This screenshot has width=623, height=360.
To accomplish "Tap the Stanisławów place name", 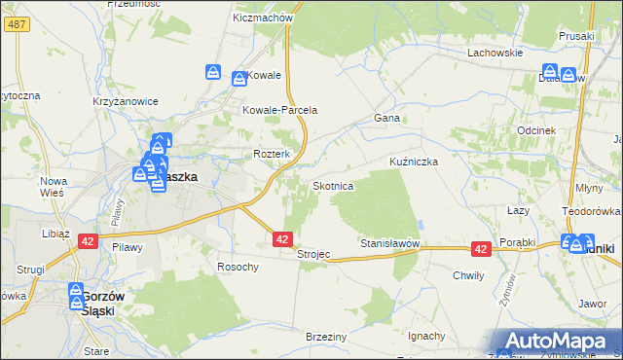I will coord(389,242).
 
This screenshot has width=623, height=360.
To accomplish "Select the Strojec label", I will coord(313,254).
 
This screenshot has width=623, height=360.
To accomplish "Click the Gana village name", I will coord(387,118).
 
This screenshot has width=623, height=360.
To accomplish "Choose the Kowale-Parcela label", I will coord(280,110).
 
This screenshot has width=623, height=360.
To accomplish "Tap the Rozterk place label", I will coord(272,155).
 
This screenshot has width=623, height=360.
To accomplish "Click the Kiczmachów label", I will coord(264,18).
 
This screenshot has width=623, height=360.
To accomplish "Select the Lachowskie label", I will coord(495,53).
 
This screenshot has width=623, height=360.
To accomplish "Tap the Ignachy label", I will coord(427,336).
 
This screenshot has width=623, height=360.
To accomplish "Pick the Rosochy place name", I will coord(238,267).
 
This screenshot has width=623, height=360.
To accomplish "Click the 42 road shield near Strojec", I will coord(282,238).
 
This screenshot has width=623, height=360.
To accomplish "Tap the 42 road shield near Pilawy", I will coord(87,240).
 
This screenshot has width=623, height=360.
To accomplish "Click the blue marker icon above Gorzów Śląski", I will coord(77,291).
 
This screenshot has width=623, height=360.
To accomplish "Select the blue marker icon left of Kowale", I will coord(213,72).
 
